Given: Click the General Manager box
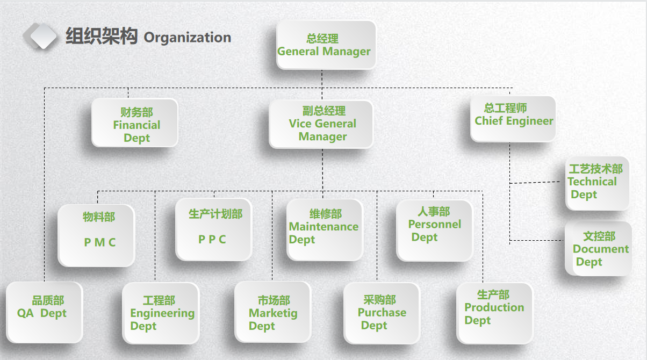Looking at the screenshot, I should pos(326,45).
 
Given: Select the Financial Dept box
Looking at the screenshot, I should pos(134,123).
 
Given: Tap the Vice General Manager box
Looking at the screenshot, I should pos(321,124).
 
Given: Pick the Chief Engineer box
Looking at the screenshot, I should pos(513,119).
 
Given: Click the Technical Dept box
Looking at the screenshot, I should pos(597,183).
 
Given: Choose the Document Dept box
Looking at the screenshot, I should pos(598,249).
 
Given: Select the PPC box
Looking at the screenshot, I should pos(214,229).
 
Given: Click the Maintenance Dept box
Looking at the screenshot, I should pos(324,229).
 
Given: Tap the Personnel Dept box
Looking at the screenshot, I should pos(434,230).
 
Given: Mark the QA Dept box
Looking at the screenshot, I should pos(44,312).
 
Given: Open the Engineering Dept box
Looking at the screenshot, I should pos(160,313).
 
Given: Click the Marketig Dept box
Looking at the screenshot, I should pos(272,312).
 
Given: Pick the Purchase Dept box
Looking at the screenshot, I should pos(382,313).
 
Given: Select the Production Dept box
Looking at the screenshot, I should pos(494,312).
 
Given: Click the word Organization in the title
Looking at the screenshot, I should pos(188,38).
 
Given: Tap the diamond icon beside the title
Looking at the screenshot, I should pos(40,37).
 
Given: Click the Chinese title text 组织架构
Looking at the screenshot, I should pos(102,37).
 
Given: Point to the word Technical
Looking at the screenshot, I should pos(592,182).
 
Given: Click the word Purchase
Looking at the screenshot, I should pos(382,313).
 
